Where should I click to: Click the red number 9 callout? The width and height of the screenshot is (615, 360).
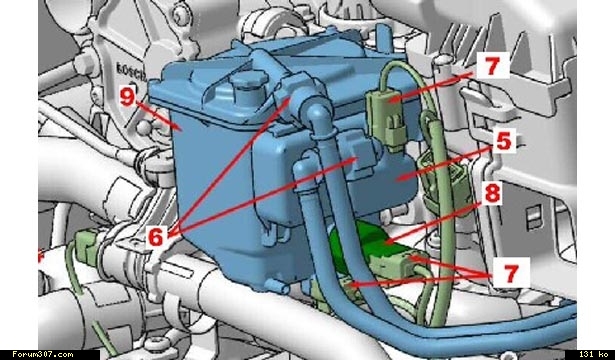[x=127, y=97]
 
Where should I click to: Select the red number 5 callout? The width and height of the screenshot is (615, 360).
[x=504, y=142]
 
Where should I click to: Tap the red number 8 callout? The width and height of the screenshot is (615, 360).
[x=492, y=193]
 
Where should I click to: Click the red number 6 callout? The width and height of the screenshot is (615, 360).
[x=156, y=236]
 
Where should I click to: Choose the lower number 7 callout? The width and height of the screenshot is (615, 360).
[x=510, y=273]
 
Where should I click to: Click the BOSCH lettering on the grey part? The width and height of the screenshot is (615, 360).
[x=131, y=70]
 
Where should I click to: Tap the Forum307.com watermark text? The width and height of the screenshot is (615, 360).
[x=42, y=355]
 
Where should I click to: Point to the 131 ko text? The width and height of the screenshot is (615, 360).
[x=593, y=355]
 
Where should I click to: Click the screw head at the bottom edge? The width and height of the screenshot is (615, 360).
[x=161, y=344]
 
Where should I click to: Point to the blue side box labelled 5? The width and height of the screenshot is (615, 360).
[x=392, y=176]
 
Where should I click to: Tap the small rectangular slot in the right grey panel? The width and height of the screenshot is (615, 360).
[x=535, y=218]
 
